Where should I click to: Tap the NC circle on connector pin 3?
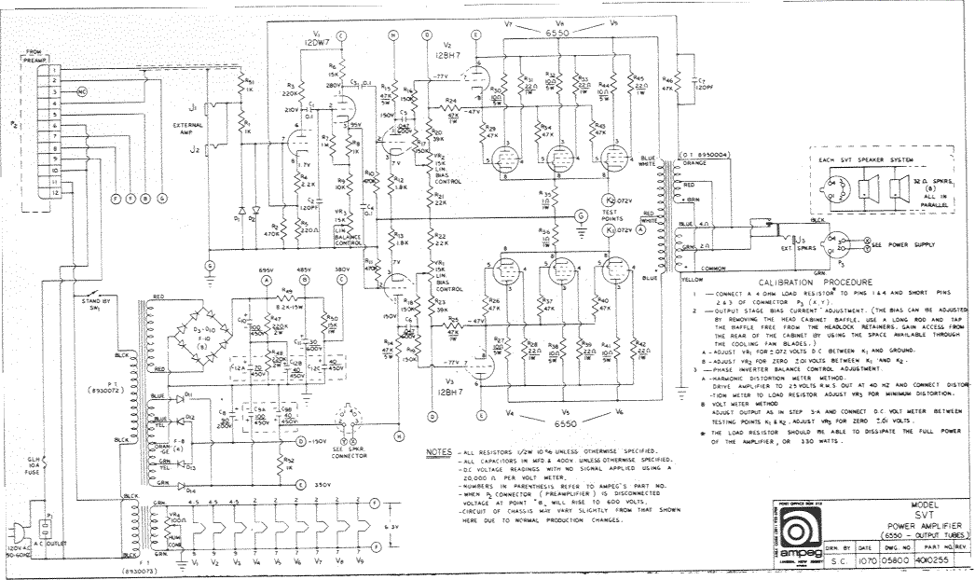[81, 92]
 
